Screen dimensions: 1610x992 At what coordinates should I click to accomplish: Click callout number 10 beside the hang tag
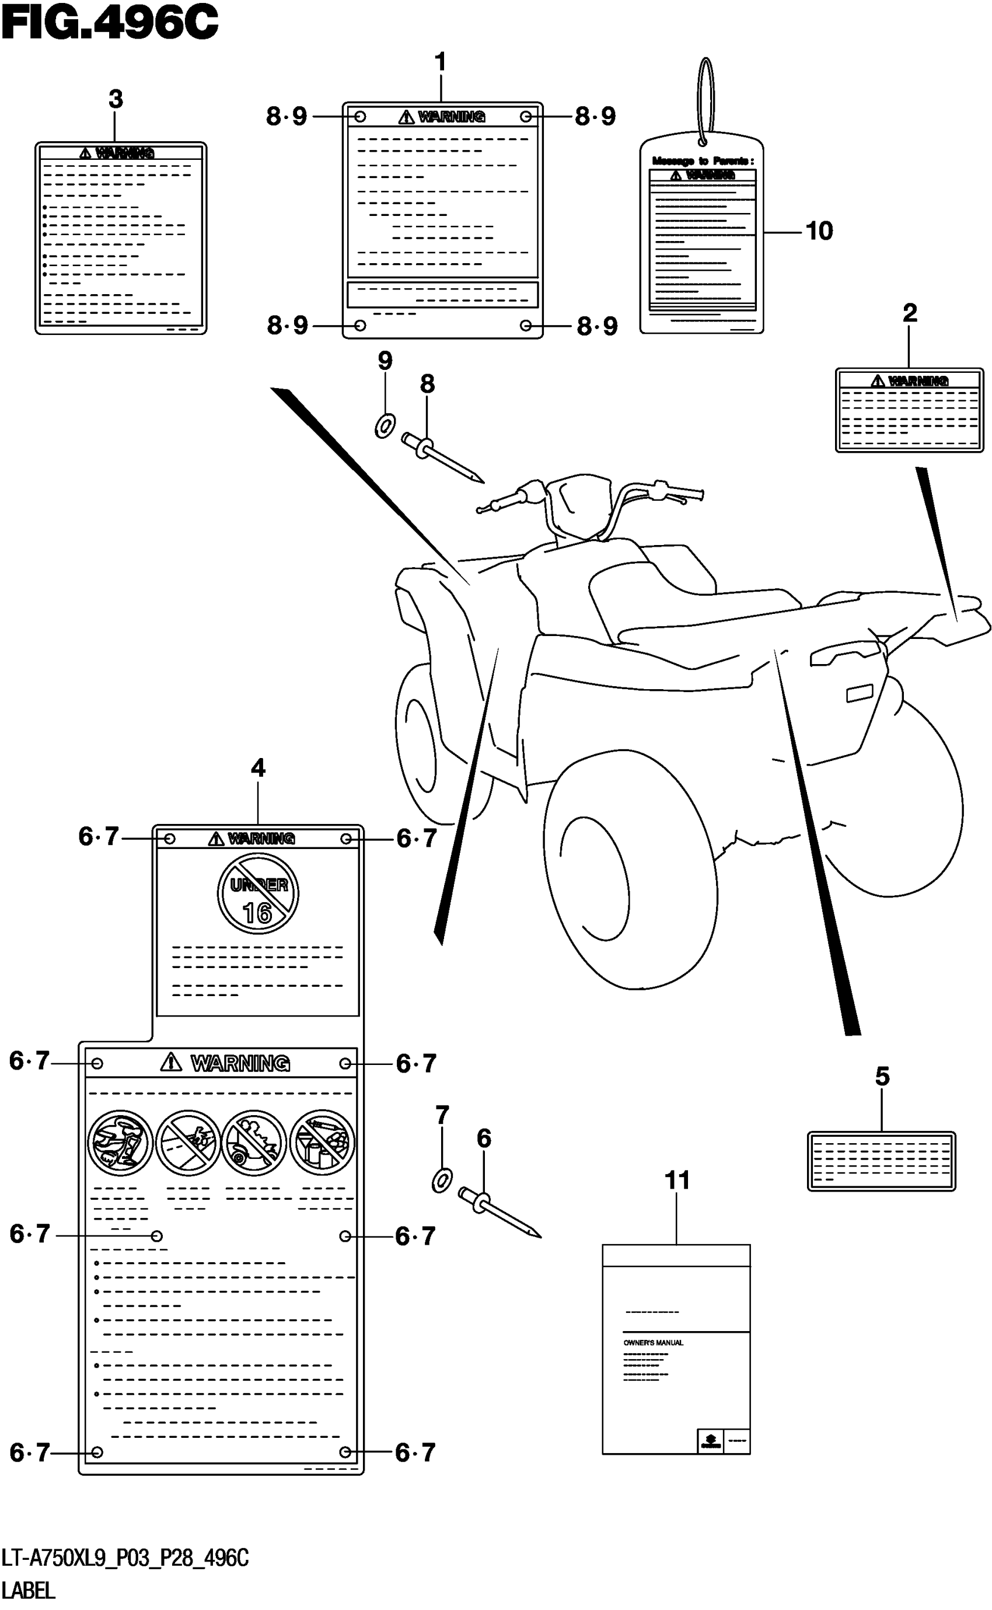(x=819, y=231)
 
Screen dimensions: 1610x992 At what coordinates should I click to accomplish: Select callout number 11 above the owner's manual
(x=677, y=1181)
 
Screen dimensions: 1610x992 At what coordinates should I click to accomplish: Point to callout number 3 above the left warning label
(x=116, y=100)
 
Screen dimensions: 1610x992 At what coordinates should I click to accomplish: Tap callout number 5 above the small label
(x=882, y=1077)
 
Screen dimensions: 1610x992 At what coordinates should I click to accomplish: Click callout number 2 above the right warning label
(x=909, y=313)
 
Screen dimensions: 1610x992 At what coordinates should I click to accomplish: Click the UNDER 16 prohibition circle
(x=258, y=893)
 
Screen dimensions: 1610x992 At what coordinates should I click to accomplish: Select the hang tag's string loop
(x=705, y=99)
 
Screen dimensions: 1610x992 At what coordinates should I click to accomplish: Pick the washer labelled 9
(x=385, y=426)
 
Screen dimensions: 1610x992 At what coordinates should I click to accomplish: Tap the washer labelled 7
(x=442, y=1181)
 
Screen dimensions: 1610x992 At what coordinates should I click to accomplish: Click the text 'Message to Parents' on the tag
(x=702, y=160)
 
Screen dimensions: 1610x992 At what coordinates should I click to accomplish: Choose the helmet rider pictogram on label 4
(x=120, y=1142)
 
